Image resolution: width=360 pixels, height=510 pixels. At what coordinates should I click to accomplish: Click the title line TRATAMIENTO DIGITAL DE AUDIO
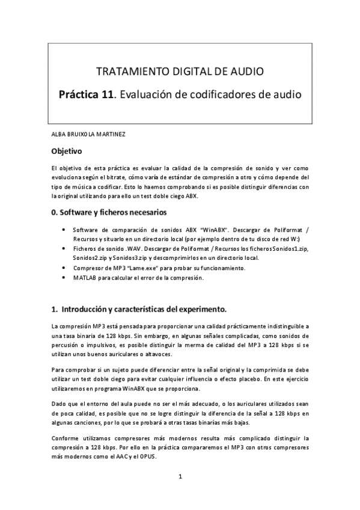coord(180,72)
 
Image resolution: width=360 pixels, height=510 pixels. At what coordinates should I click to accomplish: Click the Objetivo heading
coord(66,150)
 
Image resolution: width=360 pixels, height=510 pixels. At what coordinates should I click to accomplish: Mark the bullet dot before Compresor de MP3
coord(64,268)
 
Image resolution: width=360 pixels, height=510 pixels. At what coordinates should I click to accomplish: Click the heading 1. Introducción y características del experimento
coord(139,310)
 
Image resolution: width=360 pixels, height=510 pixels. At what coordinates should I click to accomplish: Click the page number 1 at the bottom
coord(180,477)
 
